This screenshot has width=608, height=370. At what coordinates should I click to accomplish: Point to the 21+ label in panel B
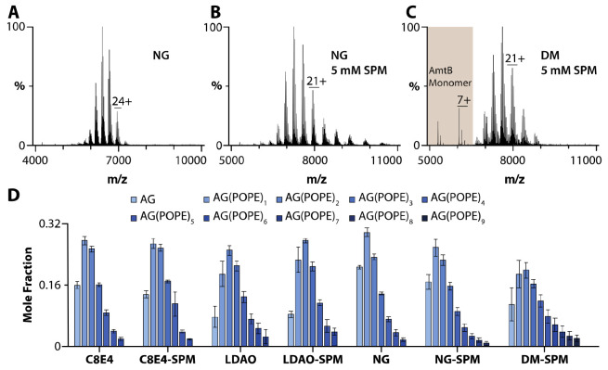317,81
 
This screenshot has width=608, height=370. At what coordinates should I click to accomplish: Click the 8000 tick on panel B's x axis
317,159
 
